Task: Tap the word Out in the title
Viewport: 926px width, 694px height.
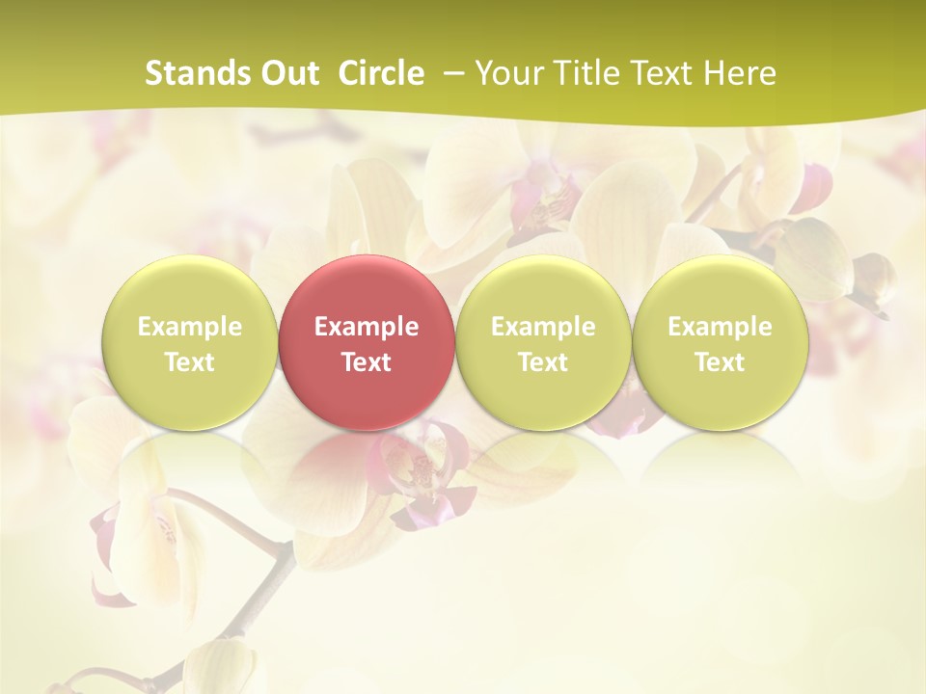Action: [286, 73]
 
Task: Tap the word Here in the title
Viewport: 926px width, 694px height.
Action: [740, 73]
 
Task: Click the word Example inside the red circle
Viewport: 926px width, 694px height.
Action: [367, 327]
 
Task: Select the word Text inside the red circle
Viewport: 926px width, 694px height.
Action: [367, 362]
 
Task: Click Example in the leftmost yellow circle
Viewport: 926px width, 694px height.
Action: [190, 327]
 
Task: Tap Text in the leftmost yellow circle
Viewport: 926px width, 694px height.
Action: [190, 362]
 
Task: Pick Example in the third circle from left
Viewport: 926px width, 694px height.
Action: [543, 327]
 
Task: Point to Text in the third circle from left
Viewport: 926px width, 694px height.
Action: [543, 362]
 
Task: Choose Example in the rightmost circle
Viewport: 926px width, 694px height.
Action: [720, 327]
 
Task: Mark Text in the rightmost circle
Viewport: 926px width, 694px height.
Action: [720, 362]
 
